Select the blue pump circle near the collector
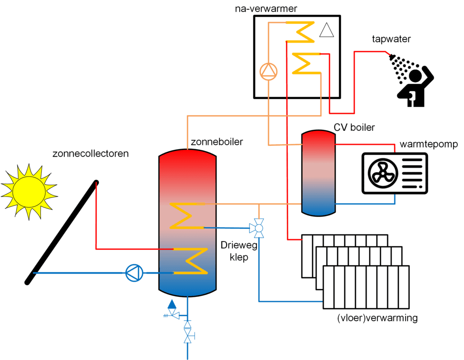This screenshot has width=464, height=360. point(134,273)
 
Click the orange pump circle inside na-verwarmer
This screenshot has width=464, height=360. point(268,71)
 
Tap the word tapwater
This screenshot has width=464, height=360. point(391,39)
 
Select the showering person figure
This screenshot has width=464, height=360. point(415,87)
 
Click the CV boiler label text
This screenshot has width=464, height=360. point(354,127)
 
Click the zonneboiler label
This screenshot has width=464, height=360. point(217,142)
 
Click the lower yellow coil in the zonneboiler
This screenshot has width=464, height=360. point(190,261)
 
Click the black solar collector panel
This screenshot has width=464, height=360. point(62,232)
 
